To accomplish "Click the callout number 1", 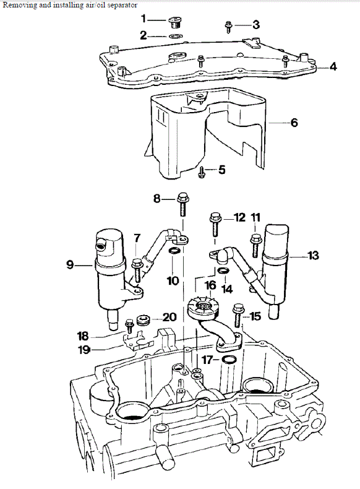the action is point(144,19).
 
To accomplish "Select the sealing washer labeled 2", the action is point(176,36).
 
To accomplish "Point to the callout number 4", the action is point(333,66).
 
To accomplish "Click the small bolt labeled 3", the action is point(228,27).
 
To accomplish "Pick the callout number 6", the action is point(294,123).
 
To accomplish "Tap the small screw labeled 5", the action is point(202,172).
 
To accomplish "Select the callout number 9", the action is point(70,265).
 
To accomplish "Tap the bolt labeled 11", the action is point(255,246).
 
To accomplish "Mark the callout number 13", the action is point(313,256).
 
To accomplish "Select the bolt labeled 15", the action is point(238,314).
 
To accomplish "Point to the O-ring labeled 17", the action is point(229,360).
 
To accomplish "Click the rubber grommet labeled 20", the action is point(144,320).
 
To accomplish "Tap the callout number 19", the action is point(84,350).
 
